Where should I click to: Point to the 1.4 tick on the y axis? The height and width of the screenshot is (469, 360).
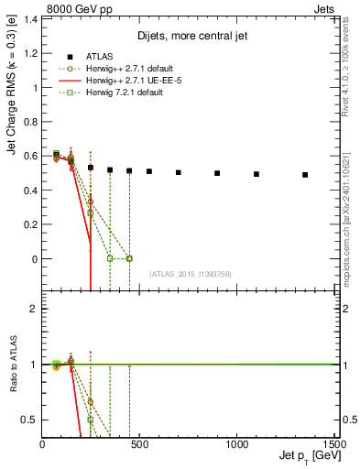[x=32, y=19]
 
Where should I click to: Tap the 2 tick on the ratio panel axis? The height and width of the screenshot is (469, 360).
[x=33, y=309]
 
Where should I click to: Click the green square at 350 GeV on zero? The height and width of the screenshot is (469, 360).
[x=110, y=258]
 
